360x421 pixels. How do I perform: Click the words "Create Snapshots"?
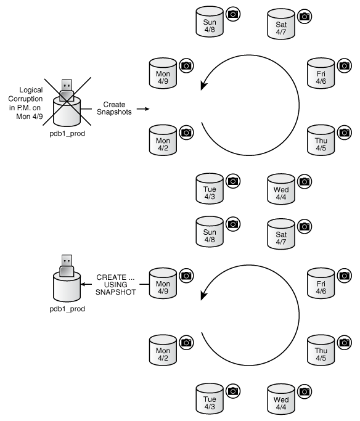[115, 108]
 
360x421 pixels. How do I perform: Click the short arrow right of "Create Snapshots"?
[142, 108]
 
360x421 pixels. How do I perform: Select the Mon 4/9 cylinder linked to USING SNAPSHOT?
[163, 284]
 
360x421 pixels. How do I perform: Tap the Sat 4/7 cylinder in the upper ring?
[281, 25]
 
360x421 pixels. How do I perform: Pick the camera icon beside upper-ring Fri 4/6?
[345, 65]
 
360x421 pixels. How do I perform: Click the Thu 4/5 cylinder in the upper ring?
[321, 142]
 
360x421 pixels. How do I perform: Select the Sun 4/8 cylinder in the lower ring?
[210, 232]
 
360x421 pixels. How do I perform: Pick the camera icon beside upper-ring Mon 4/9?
[186, 65]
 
